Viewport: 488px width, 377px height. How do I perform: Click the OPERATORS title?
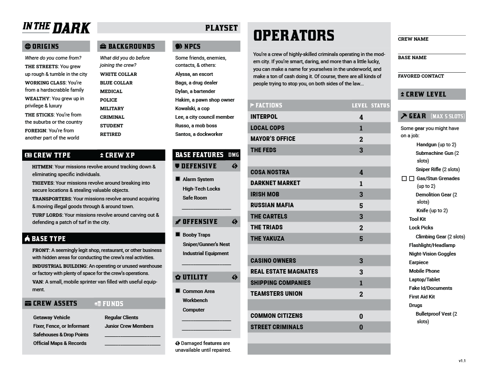pyautogui.click(x=294, y=36)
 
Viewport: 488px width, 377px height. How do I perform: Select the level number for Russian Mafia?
pyautogui.click(x=361, y=205)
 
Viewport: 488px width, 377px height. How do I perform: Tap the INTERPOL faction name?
pyautogui.click(x=264, y=117)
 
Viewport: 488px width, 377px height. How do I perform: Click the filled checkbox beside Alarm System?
pyautogui.click(x=178, y=179)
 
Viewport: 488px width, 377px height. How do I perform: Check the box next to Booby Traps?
pyautogui.click(x=178, y=235)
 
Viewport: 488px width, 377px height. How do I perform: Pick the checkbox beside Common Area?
pyautogui.click(x=178, y=291)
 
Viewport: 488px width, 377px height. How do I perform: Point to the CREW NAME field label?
pyautogui.click(x=413, y=39)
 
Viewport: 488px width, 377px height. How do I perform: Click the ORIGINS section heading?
pyautogui.click(x=45, y=47)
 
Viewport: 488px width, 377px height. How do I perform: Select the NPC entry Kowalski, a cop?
pyautogui.click(x=192, y=108)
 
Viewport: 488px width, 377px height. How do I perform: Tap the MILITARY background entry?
pyautogui.click(x=112, y=108)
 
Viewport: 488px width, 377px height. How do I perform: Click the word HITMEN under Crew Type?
pyautogui.click(x=42, y=167)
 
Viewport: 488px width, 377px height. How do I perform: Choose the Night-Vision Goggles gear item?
pyautogui.click(x=432, y=254)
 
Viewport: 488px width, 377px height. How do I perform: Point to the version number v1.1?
pyautogui.click(x=462, y=361)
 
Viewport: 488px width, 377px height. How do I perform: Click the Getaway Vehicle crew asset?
pyautogui.click(x=52, y=317)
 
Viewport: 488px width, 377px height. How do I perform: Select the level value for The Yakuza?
pyautogui.click(x=361, y=238)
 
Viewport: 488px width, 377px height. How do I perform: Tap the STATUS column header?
pyautogui.click(x=380, y=106)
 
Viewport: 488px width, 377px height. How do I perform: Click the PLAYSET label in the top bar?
pyautogui.click(x=221, y=28)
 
